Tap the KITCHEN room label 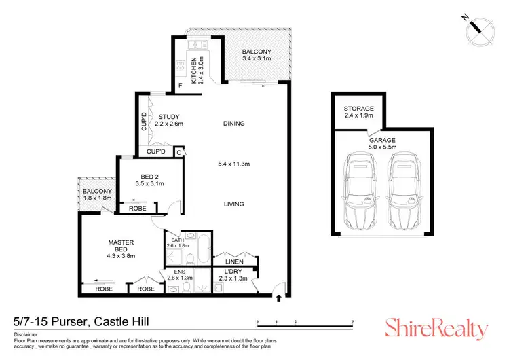(x=193, y=69)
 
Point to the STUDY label (x=169, y=115)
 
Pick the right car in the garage (x=402, y=188)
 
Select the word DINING (x=233, y=124)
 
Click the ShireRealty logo (x=436, y=329)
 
